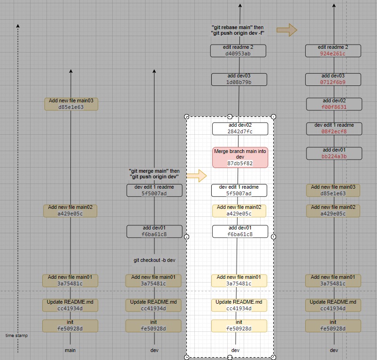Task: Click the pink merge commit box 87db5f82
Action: tap(240, 157)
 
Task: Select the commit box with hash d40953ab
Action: tap(238, 50)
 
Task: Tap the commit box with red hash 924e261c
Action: tap(333, 50)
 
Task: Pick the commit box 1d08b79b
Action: tap(239, 79)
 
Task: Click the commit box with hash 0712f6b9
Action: tap(333, 79)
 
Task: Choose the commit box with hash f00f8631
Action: tap(334, 104)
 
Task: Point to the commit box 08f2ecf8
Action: tap(334, 128)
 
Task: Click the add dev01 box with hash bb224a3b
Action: tap(334, 153)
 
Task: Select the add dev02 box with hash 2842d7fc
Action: tap(240, 129)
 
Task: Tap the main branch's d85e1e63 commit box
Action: tap(71, 104)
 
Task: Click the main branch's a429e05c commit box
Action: tap(70, 210)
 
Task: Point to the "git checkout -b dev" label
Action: tap(154, 260)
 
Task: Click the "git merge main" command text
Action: tap(154, 174)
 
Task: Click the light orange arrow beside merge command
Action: tap(196, 176)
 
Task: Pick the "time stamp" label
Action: tap(17, 336)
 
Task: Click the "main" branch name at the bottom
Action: tap(70, 350)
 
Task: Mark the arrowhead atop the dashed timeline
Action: tap(18, 26)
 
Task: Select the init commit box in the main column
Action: tap(70, 325)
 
